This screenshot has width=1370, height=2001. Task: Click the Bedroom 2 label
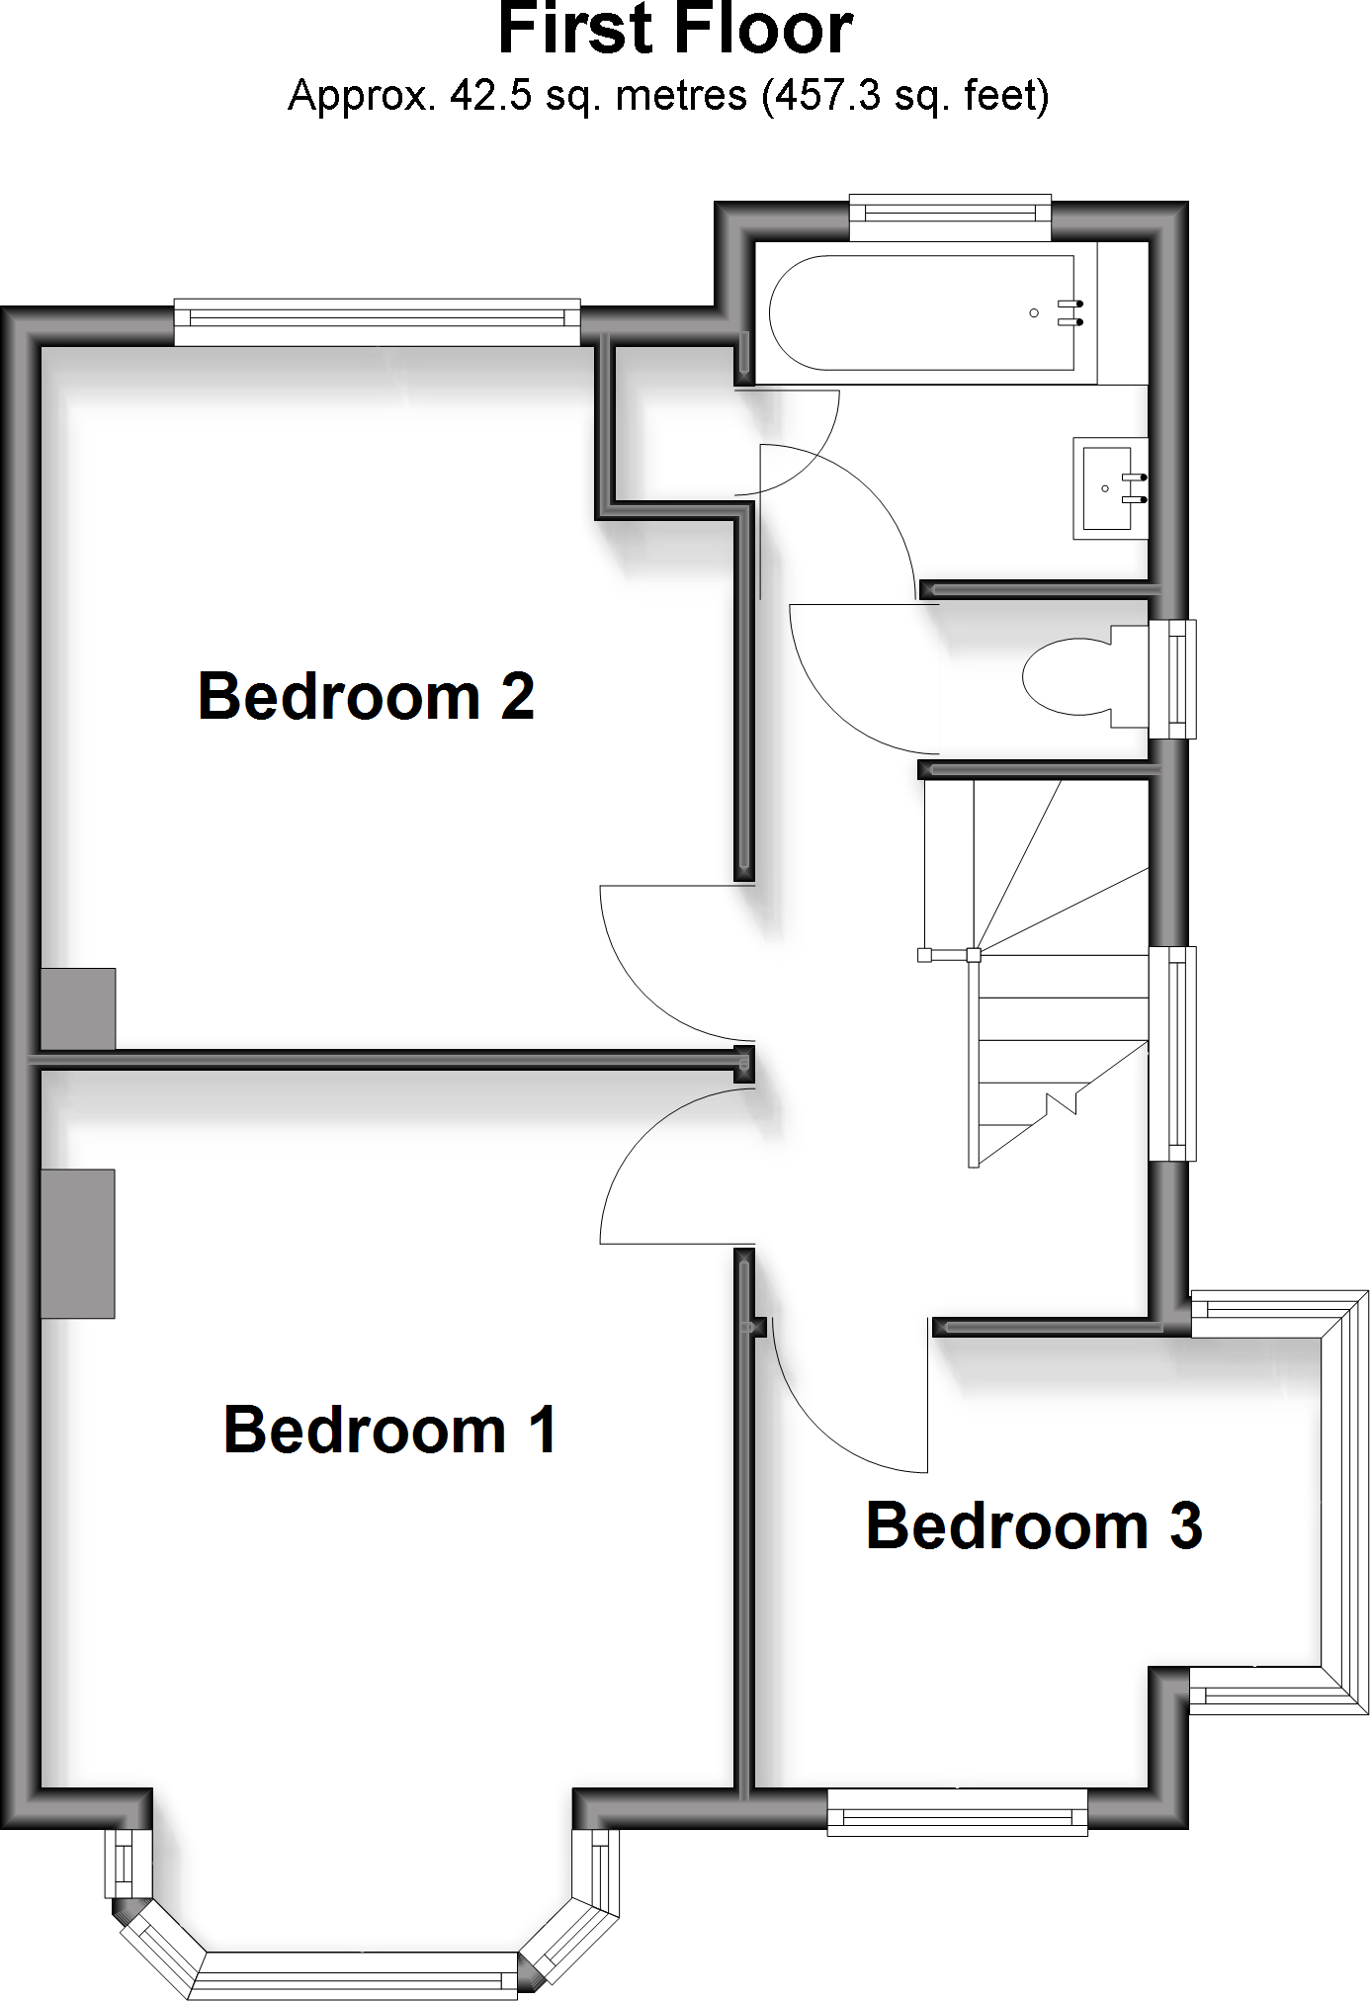pyautogui.click(x=366, y=697)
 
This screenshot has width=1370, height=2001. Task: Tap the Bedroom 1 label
pyautogui.click(x=390, y=1430)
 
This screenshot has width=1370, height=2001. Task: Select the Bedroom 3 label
pyautogui.click(x=1034, y=1525)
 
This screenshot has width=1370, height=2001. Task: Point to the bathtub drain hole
pyautogui.click(x=1034, y=313)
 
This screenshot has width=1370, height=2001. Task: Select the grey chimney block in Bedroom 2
pyautogui.click(x=78, y=1007)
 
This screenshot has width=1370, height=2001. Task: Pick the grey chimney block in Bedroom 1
pyautogui.click(x=78, y=1243)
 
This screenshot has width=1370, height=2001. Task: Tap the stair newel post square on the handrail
pyautogui.click(x=974, y=955)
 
